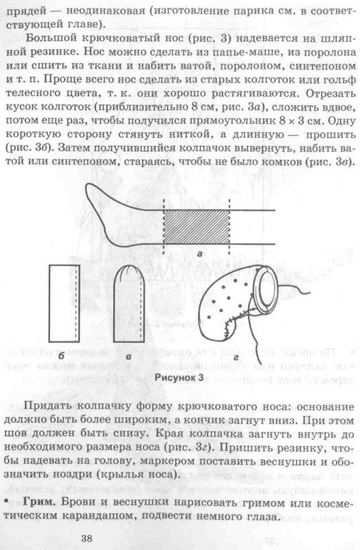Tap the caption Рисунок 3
pos(180,377)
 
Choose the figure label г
pos(238,357)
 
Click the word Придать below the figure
pos(58,406)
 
